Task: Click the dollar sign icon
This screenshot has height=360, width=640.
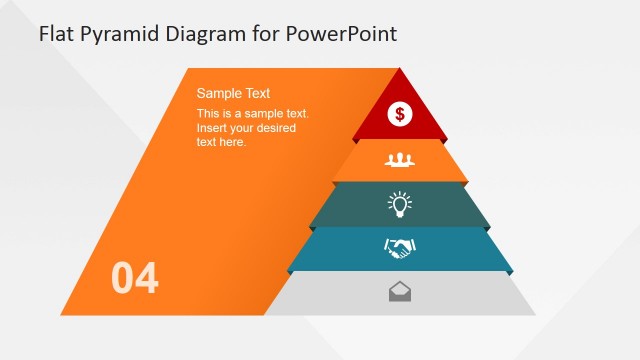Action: click(400, 114)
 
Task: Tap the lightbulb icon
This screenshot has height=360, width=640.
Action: click(400, 205)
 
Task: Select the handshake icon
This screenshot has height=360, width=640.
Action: click(400, 248)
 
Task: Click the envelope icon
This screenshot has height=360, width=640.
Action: click(400, 292)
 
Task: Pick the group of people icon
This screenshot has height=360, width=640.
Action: click(400, 159)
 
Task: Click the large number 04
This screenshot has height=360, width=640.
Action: click(135, 278)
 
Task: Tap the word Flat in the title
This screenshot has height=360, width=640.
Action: click(56, 33)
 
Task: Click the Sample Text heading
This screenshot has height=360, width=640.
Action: click(233, 93)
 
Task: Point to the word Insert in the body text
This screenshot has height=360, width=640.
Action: click(213, 128)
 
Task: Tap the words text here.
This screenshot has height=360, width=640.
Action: click(221, 142)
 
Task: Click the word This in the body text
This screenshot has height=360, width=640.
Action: click(209, 114)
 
